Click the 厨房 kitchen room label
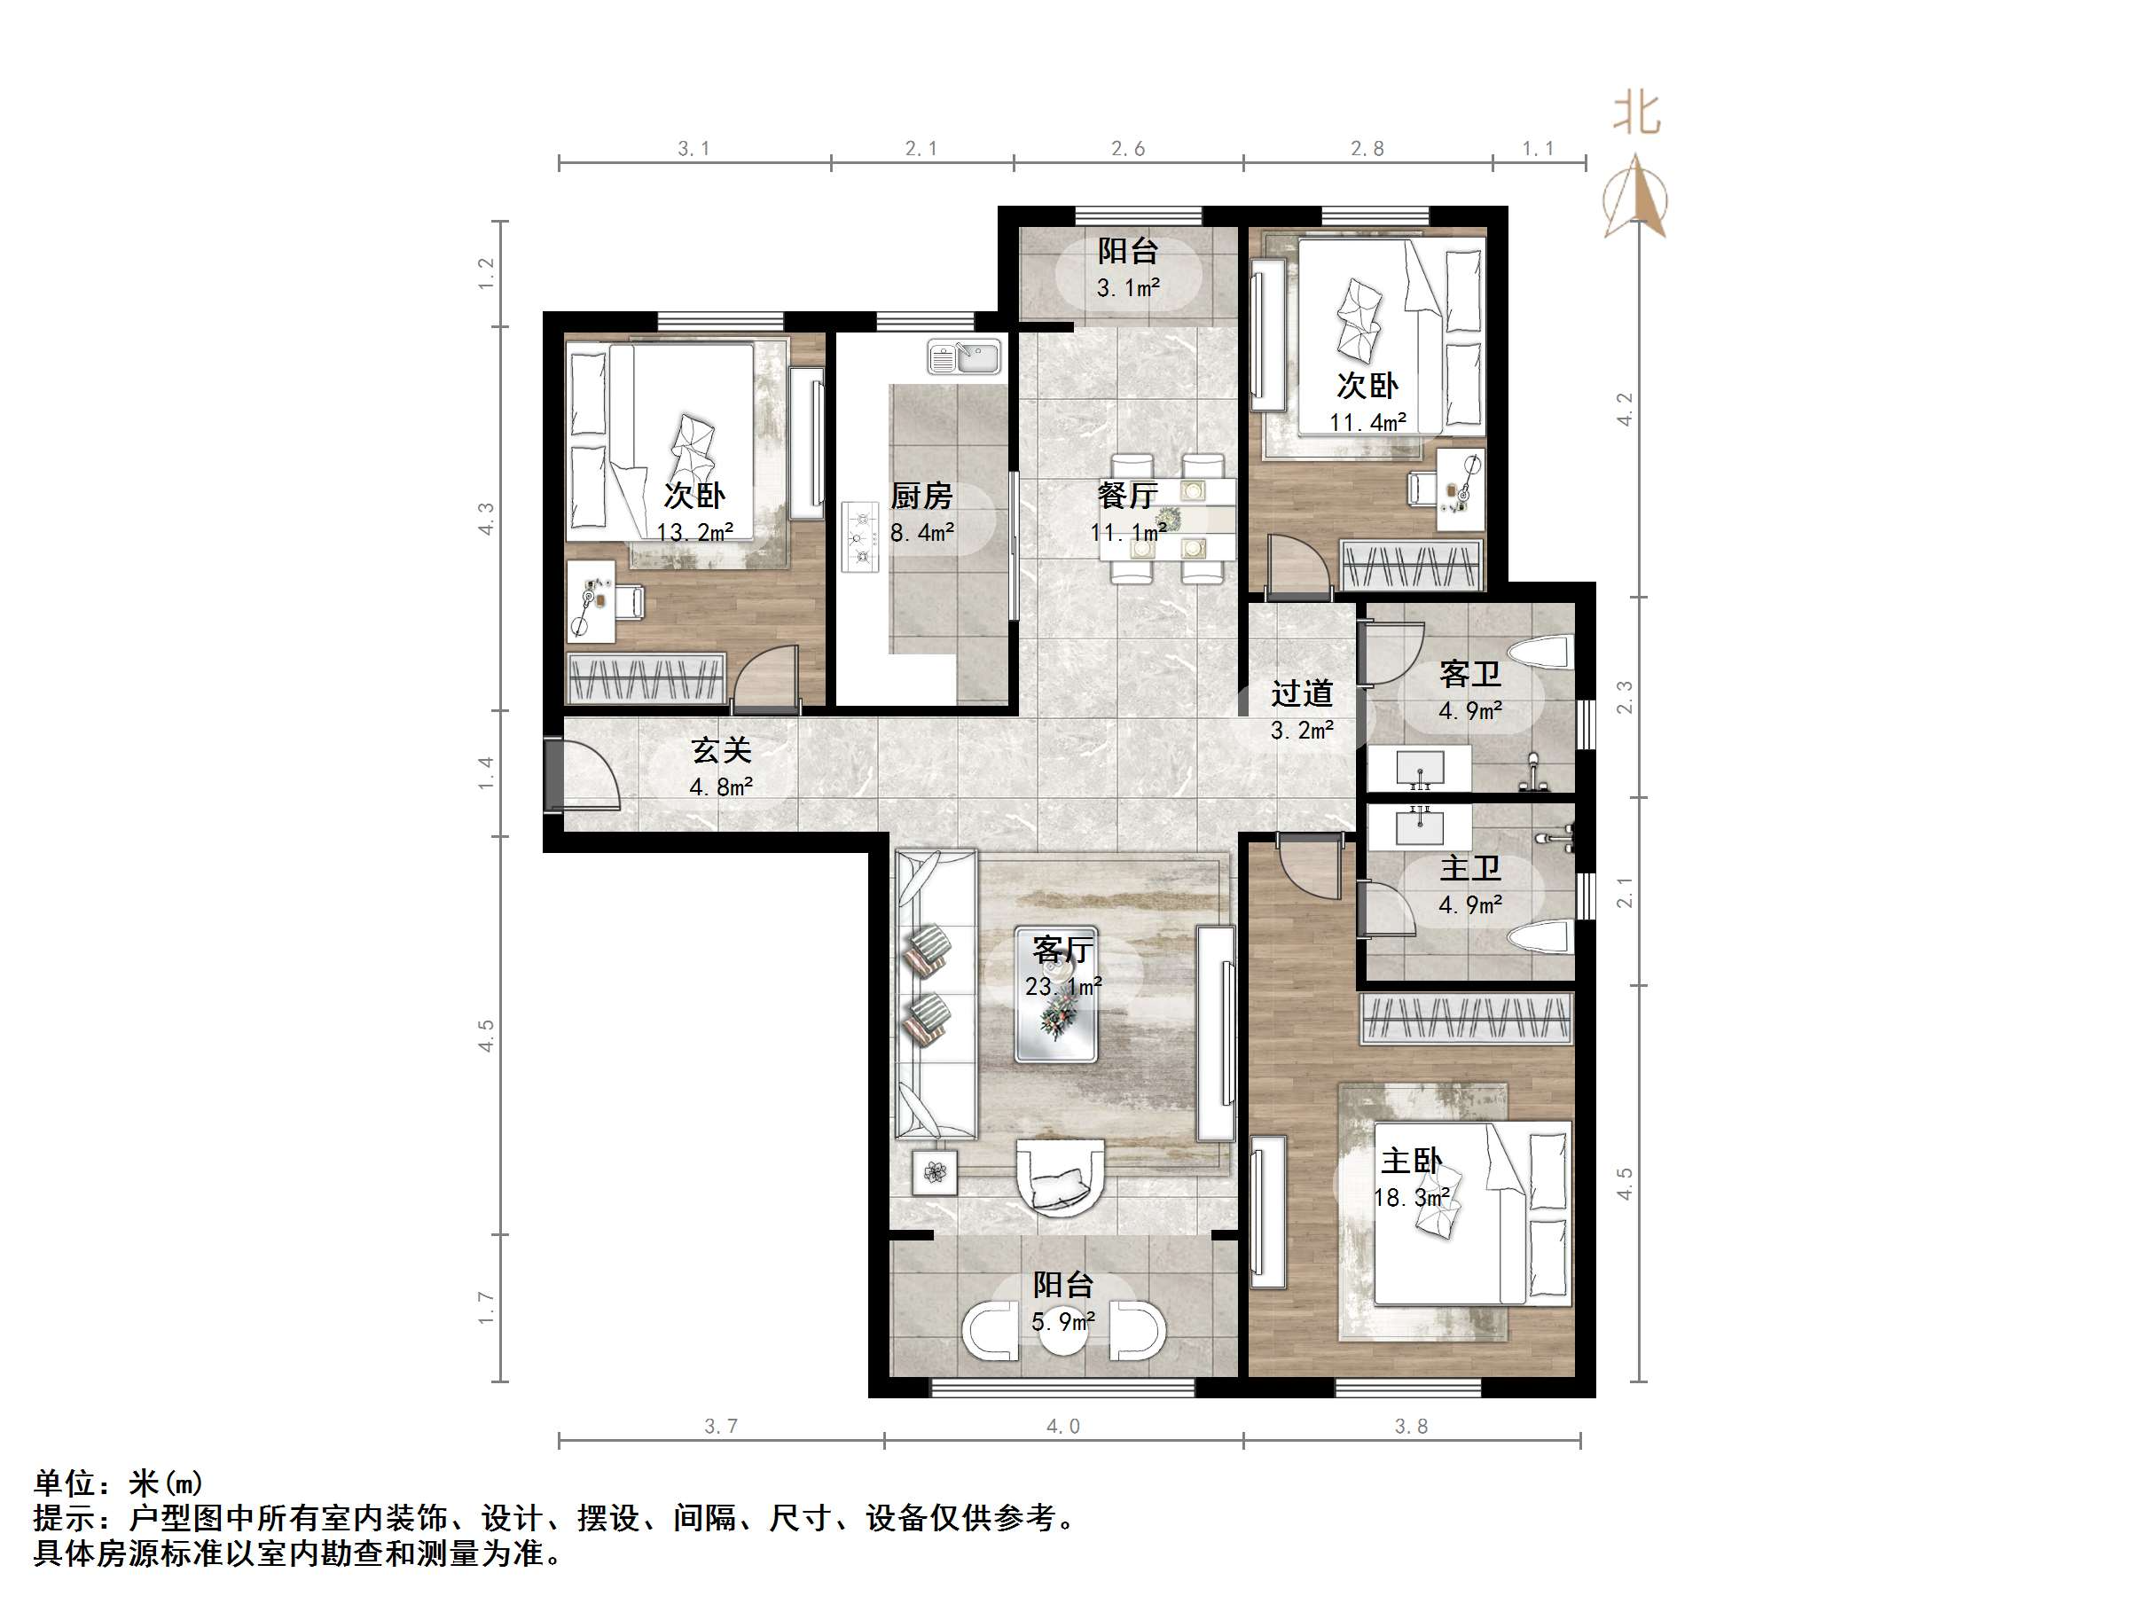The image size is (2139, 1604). click(x=921, y=497)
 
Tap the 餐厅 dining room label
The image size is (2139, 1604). click(x=1127, y=496)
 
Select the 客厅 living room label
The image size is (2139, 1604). click(x=1062, y=951)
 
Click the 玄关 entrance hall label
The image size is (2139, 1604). click(x=721, y=751)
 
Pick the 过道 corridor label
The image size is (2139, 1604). click(x=1302, y=693)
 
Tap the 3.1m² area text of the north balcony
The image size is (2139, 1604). click(x=1127, y=288)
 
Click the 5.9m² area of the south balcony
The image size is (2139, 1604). click(x=1062, y=1322)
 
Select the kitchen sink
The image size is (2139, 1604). click(x=964, y=356)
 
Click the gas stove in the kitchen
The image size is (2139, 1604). click(x=858, y=536)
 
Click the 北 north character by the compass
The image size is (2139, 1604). click(x=1636, y=114)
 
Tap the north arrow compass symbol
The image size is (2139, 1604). click(x=1635, y=199)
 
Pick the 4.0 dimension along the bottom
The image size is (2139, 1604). click(x=1062, y=1426)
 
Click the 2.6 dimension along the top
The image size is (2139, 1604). click(x=1127, y=149)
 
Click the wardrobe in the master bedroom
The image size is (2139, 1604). click(x=1466, y=1019)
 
